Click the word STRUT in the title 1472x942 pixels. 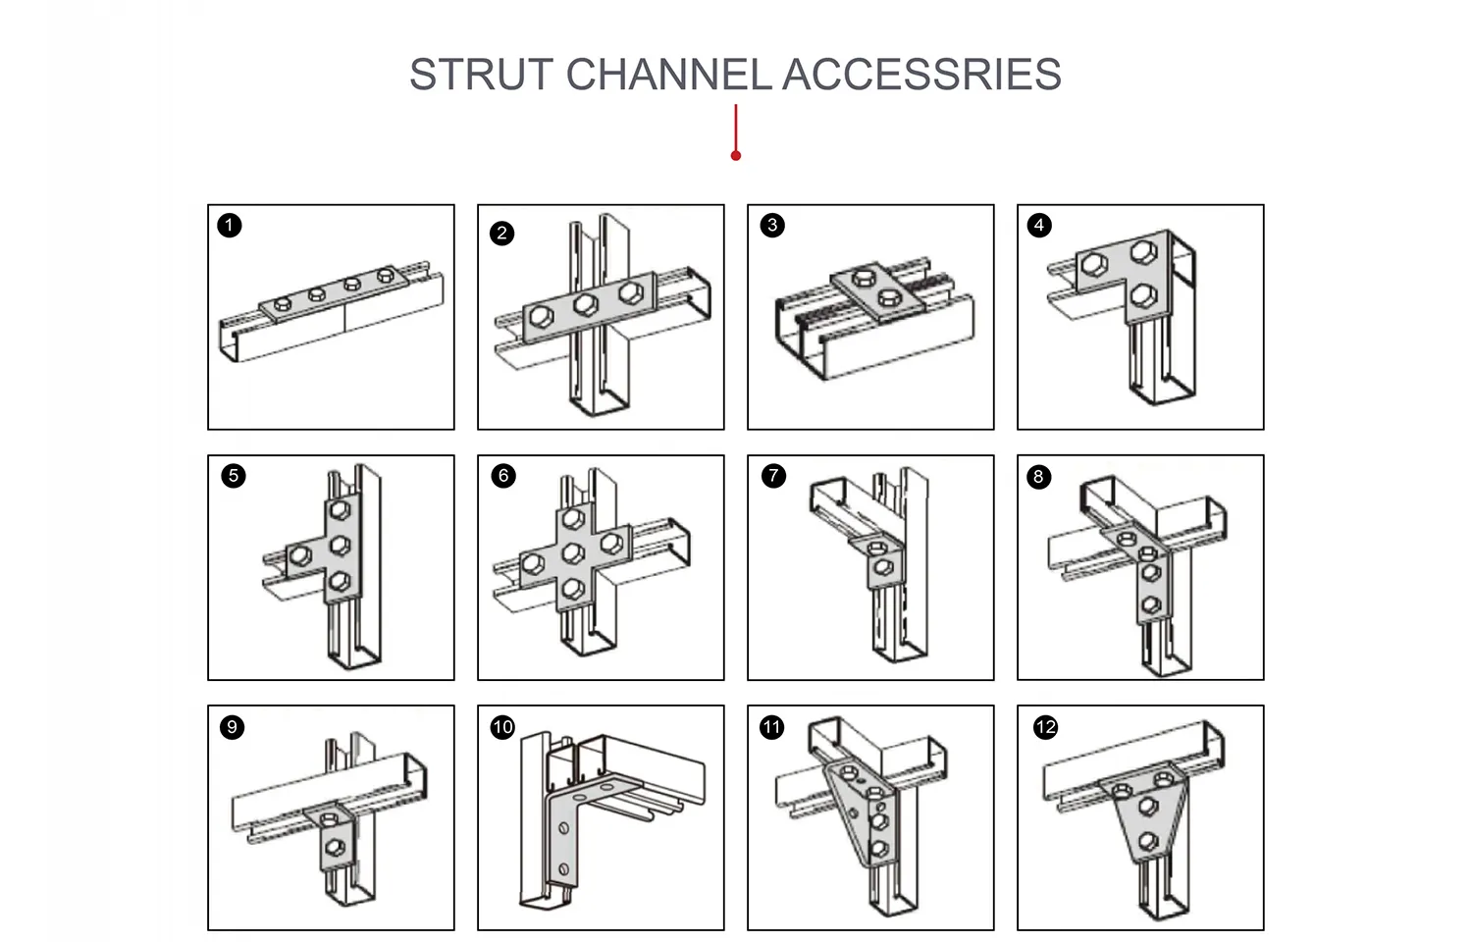click(x=481, y=76)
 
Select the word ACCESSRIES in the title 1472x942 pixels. click(x=921, y=76)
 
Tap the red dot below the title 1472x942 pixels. click(x=736, y=155)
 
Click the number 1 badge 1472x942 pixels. click(x=230, y=226)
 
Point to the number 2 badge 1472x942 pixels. click(x=501, y=233)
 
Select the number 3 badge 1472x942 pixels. click(x=772, y=226)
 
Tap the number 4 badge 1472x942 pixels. click(x=1039, y=226)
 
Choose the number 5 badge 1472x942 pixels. click(x=234, y=476)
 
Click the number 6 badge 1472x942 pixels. click(x=503, y=476)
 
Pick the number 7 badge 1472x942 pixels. click(x=773, y=476)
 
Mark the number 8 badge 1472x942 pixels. click(x=1038, y=477)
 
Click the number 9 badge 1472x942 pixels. click(x=232, y=727)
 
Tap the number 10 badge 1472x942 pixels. click(x=502, y=727)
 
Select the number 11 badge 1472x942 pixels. click(x=772, y=727)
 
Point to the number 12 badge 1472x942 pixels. click(x=1045, y=727)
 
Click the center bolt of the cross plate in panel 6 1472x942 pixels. click(x=574, y=554)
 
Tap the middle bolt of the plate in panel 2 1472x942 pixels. click(x=586, y=304)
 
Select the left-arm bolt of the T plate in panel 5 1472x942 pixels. click(x=299, y=556)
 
